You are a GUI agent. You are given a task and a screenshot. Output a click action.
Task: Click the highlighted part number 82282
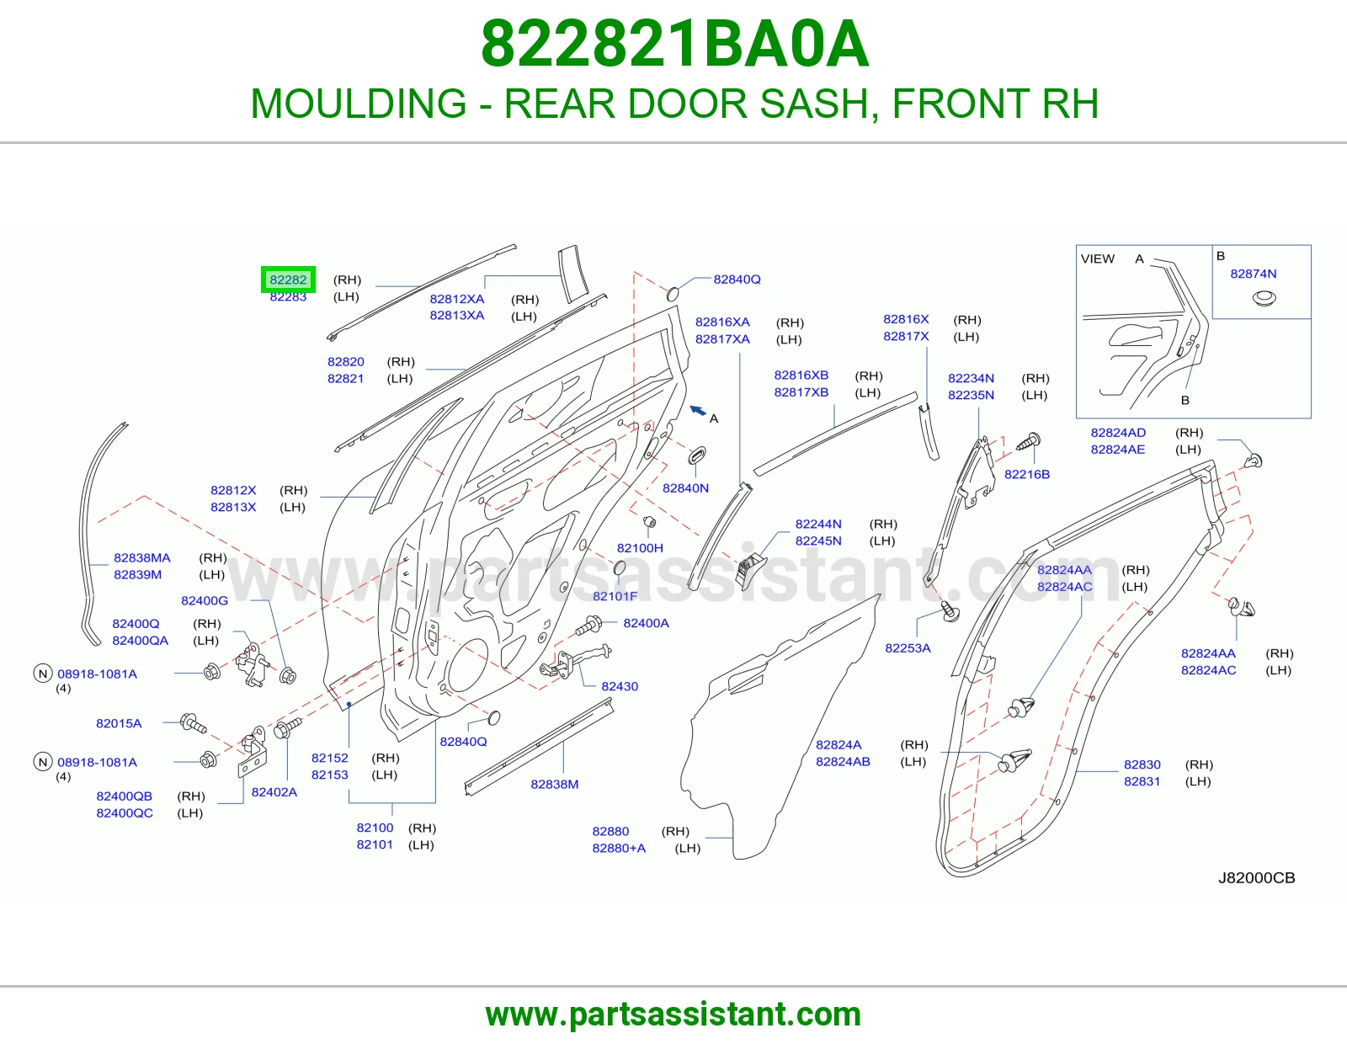[288, 280]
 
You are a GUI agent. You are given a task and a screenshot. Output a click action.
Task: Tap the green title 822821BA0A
[674, 44]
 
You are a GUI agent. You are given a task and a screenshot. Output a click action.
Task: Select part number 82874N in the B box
[1253, 274]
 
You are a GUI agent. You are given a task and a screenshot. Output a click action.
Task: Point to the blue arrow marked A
[698, 410]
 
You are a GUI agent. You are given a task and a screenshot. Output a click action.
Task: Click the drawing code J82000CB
[1256, 877]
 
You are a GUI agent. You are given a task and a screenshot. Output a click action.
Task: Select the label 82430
[620, 686]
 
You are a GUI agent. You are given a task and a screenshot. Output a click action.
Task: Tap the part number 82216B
[1026, 474]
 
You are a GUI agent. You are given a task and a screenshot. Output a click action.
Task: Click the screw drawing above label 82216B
[1029, 442]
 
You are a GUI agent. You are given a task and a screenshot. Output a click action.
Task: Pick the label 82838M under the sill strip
[554, 784]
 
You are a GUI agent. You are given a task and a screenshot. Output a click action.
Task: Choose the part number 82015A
[119, 723]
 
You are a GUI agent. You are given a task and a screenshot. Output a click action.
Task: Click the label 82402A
[274, 791]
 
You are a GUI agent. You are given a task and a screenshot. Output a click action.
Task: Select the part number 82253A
[908, 647]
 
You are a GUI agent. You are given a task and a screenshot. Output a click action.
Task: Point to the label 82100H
[640, 548]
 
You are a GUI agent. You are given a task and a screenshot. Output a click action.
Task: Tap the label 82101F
[615, 596]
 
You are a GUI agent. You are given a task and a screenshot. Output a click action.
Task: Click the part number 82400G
[204, 600]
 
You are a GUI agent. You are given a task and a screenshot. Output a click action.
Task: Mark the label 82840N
[685, 488]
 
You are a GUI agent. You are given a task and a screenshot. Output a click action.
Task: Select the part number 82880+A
[619, 848]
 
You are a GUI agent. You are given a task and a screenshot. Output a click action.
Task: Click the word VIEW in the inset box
[1097, 258]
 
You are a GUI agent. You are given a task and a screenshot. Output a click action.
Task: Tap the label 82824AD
[1118, 432]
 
